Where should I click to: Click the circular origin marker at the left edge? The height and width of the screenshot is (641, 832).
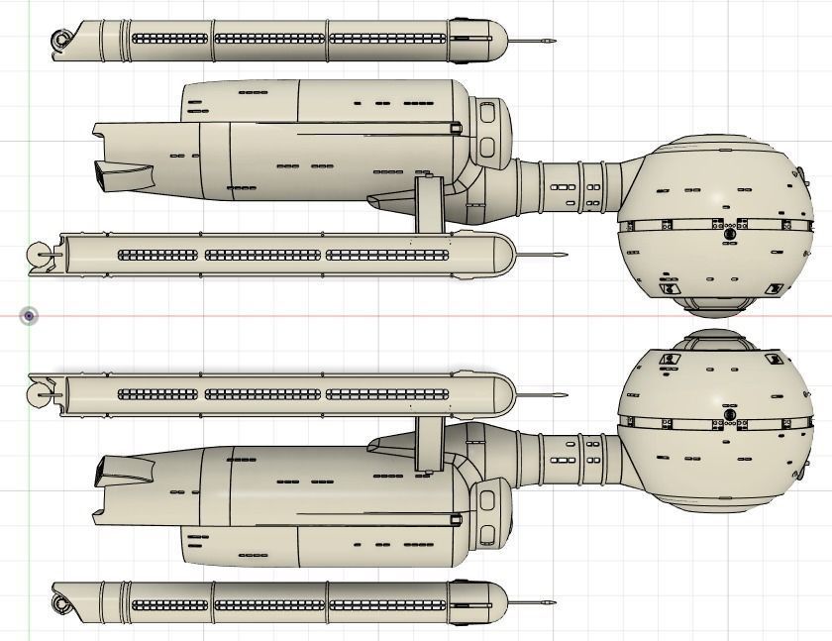tap(30, 316)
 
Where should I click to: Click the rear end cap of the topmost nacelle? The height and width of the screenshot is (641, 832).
tap(63, 41)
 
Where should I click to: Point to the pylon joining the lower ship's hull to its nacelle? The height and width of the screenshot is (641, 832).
tap(427, 442)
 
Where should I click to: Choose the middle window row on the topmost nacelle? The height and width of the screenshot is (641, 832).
tap(269, 40)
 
